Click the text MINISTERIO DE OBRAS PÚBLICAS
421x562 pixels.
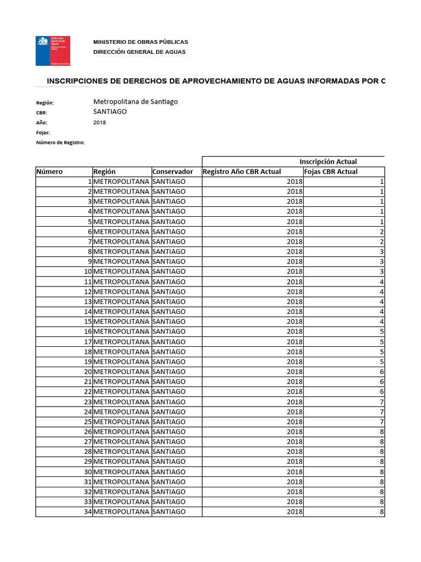pos(140,42)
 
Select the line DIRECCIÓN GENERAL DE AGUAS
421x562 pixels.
pos(139,52)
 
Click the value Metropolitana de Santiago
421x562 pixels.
pos(135,102)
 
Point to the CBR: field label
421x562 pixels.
pos(42,113)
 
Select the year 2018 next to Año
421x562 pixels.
pos(100,122)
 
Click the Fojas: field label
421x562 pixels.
pos(43,132)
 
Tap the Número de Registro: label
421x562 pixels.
pos(60,142)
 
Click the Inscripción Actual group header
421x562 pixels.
pos(328,161)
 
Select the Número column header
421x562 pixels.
pos(50,171)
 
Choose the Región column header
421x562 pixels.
pos(105,171)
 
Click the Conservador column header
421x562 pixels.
pos(173,171)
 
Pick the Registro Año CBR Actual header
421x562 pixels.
pos(242,171)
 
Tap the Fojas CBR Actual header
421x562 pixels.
pos(331,171)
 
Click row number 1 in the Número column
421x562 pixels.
pos(89,182)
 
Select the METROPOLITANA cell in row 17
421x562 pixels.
pos(121,341)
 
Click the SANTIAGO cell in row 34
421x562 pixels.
pos(169,512)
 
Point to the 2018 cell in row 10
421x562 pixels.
pos(294,272)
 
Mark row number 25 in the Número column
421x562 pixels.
pos(87,421)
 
